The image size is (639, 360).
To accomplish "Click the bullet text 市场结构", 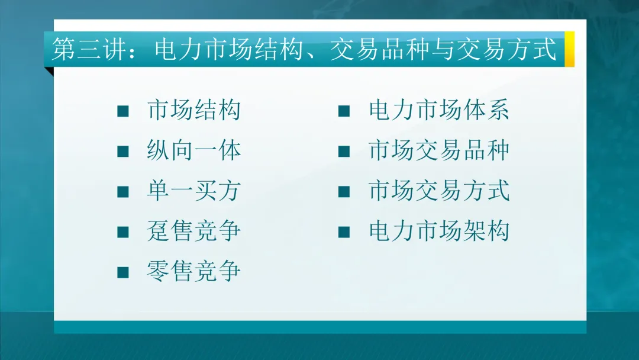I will point(193,111).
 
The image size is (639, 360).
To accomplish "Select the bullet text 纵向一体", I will point(193,151).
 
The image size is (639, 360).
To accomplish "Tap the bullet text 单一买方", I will point(193,191).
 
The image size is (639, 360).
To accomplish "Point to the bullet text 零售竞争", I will point(193,272).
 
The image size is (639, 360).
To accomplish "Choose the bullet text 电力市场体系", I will point(438,111).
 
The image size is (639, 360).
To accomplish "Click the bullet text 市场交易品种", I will point(438,151).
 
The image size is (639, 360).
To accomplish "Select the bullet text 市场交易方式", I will point(438,191).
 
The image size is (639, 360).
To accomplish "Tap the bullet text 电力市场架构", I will point(438,232).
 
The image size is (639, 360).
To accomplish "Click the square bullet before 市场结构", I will point(123,112).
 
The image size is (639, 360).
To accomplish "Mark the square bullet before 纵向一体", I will point(123,152).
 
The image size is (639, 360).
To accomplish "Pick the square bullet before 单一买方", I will point(123,192).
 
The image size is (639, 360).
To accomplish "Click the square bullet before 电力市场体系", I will point(344,112).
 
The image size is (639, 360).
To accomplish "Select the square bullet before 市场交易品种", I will point(344,152).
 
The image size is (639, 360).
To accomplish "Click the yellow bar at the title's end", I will point(569,49).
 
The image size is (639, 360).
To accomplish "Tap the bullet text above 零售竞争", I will point(193,232).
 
